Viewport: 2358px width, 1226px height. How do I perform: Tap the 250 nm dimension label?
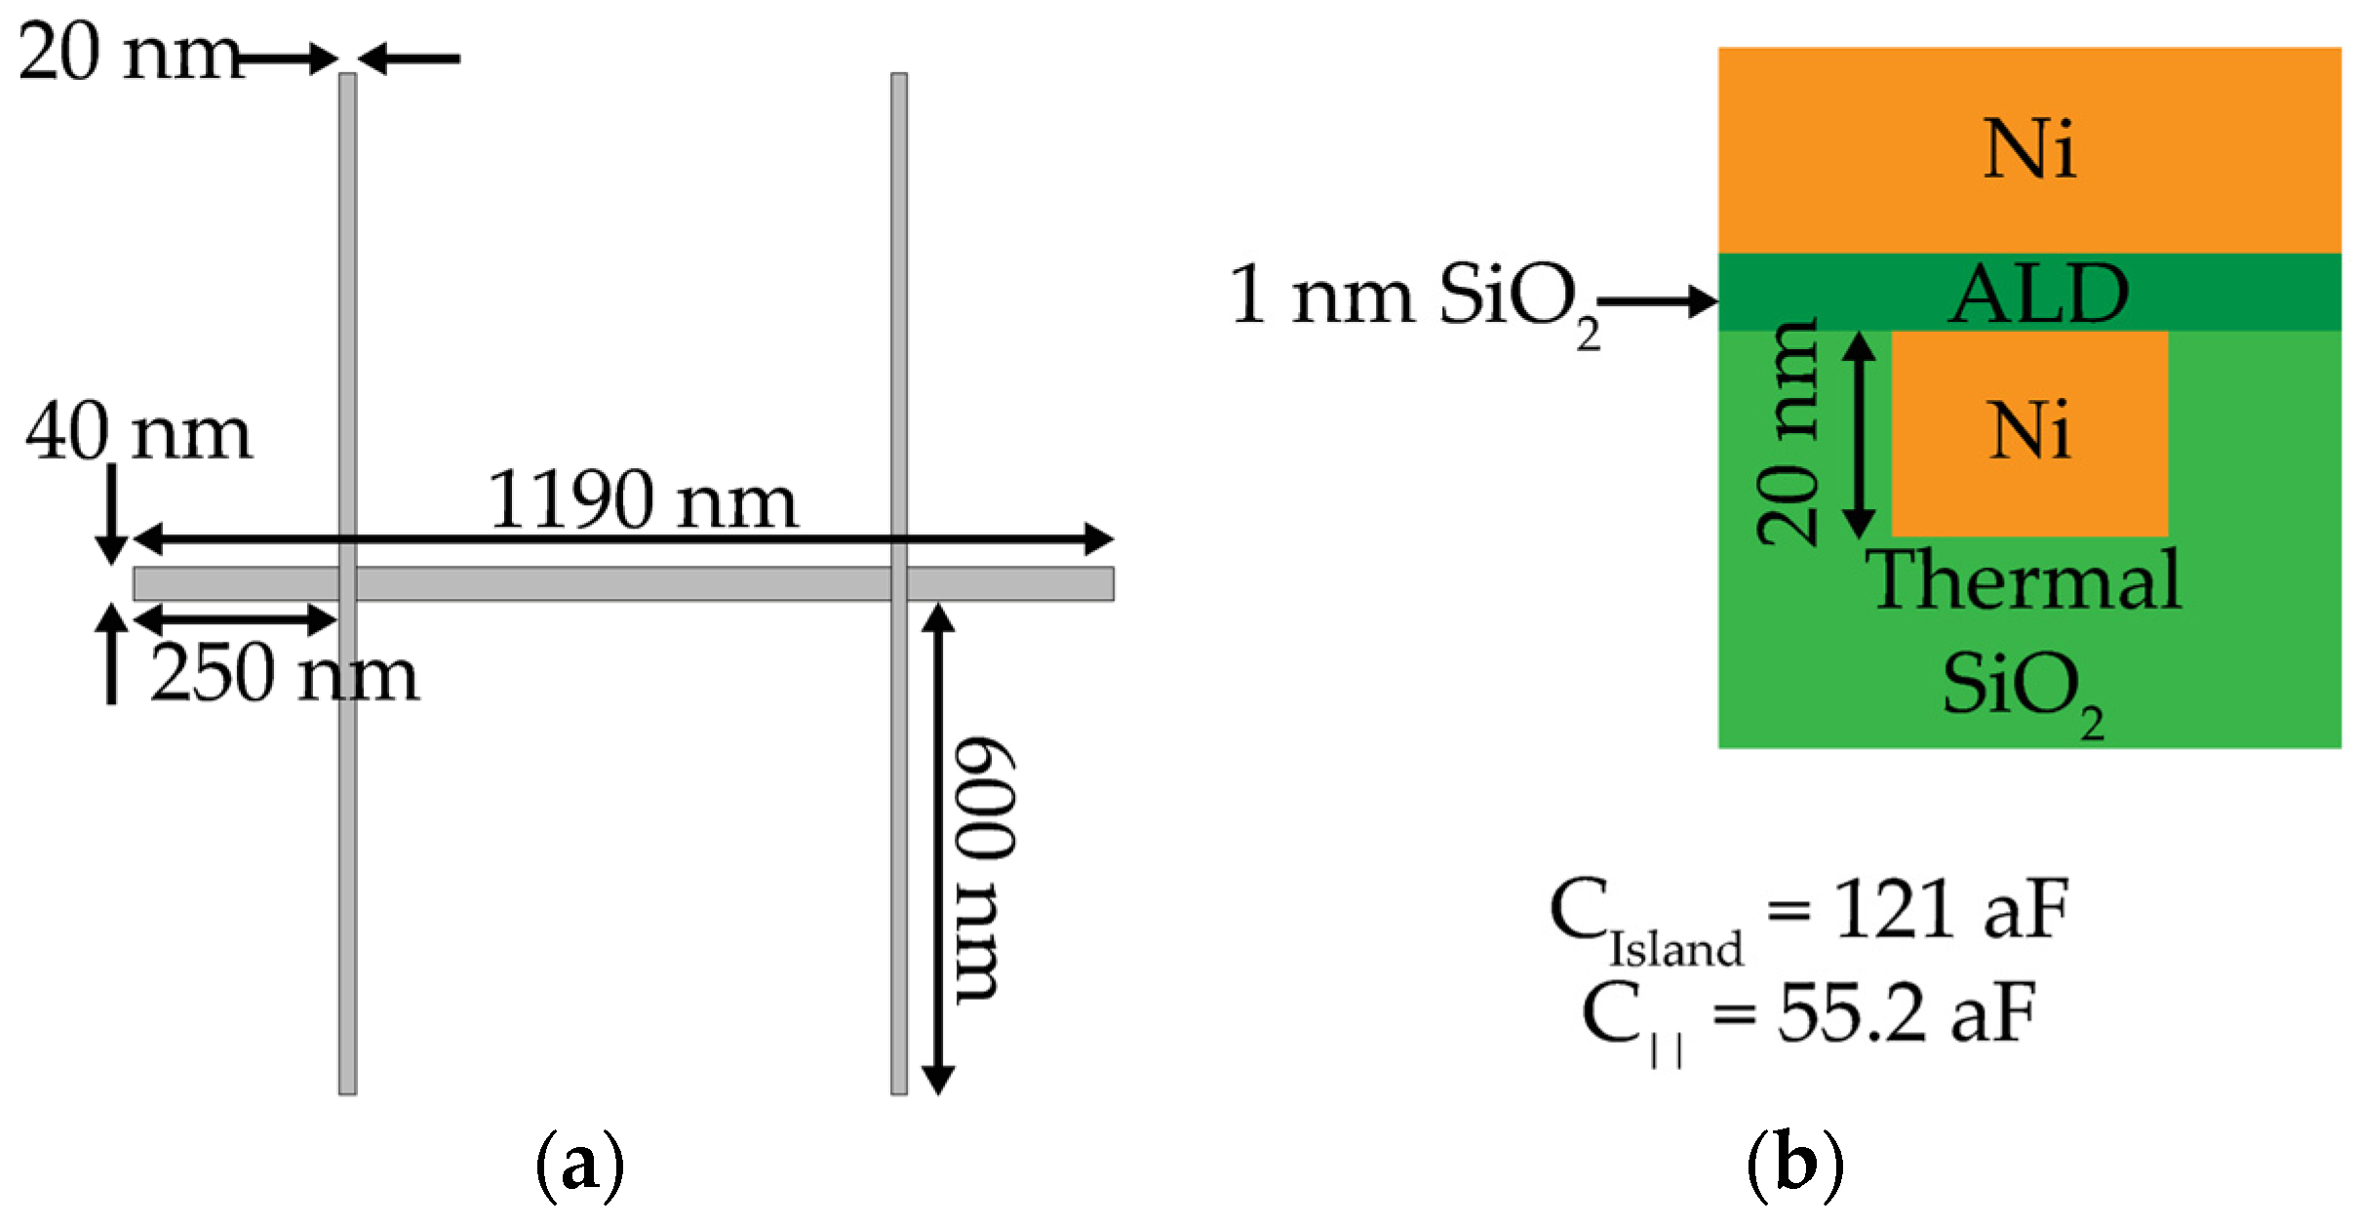point(284,673)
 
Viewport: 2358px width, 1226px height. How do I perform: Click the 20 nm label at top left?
point(127,53)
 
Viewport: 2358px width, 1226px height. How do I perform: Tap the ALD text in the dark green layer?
point(2038,293)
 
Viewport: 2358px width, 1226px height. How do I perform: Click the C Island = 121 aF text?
point(1809,917)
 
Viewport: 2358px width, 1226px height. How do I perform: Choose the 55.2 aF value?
point(1906,1014)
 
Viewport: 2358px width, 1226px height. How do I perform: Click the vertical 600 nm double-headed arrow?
point(938,849)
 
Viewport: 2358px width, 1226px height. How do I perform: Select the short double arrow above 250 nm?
point(235,618)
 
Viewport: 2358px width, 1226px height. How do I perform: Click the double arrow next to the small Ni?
point(1859,434)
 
